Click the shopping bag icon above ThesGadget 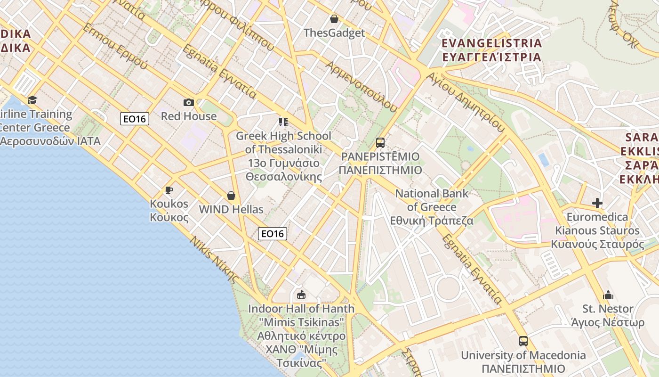(x=334, y=19)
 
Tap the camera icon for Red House (x=188, y=102)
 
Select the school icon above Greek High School (x=283, y=123)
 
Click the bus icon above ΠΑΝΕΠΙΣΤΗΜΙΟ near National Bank (x=380, y=142)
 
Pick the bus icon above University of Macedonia (x=523, y=341)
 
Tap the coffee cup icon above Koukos (x=169, y=190)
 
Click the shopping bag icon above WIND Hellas (x=231, y=195)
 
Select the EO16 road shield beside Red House (x=135, y=119)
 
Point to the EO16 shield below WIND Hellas (x=273, y=233)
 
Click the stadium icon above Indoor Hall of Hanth (x=301, y=295)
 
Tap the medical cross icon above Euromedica (x=597, y=203)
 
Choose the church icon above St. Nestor (x=608, y=295)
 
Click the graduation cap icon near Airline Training (x=32, y=100)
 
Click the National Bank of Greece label (x=432, y=207)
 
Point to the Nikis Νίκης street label (x=214, y=260)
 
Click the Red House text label (x=189, y=116)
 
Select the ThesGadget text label (x=334, y=33)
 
